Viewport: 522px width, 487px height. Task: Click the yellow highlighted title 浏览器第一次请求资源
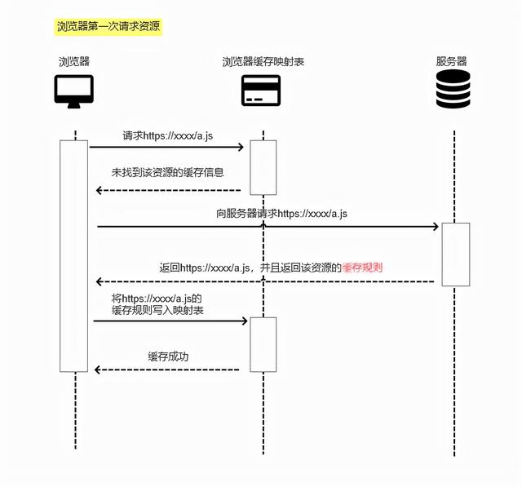coord(108,27)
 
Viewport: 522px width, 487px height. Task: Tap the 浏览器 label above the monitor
coord(74,62)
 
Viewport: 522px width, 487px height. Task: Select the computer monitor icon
coord(74,91)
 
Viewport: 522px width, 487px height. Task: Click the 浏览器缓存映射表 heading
coord(263,62)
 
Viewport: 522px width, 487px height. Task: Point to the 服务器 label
coord(452,62)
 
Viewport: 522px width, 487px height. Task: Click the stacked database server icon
coord(453,90)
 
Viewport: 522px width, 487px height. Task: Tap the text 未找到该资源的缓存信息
coord(168,172)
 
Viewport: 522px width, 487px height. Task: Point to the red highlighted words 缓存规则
coord(363,267)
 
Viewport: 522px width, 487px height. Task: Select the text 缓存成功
coord(169,356)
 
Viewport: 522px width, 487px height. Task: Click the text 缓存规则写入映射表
coord(158,310)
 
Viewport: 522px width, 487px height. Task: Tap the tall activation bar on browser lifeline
coord(74,255)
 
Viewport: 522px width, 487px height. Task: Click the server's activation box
coord(456,255)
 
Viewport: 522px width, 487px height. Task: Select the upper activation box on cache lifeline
coord(263,167)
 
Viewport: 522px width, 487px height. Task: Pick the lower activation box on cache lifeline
coord(263,343)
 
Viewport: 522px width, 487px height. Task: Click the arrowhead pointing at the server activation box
coord(435,227)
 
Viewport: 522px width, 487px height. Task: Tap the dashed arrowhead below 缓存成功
coord(99,370)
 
